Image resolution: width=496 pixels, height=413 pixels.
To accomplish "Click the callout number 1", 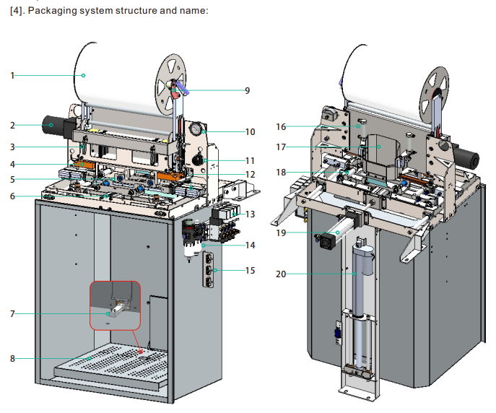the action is point(12,76).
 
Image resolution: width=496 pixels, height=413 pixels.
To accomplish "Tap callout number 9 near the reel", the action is point(248,91).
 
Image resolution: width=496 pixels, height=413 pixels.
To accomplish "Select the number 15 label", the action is point(250,271).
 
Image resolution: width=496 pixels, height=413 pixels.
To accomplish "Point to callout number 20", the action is point(281,274).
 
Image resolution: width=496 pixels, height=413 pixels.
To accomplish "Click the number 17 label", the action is point(281,147).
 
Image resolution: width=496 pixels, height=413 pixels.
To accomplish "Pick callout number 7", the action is point(12,314).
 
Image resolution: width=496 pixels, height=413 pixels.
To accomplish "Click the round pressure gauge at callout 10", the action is point(196,129).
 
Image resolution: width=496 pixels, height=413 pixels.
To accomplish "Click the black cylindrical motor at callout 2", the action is point(53,125).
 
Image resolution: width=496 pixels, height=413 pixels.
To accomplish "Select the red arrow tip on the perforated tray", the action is point(141,352).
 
